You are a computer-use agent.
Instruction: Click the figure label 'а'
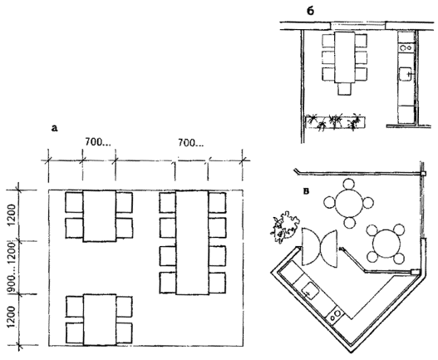(x=54, y=128)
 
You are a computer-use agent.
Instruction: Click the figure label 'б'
(x=310, y=11)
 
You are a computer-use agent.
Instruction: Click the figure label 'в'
(x=307, y=191)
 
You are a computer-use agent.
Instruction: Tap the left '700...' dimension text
(x=98, y=142)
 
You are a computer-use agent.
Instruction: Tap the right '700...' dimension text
(x=191, y=143)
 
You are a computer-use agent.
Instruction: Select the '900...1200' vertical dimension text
(x=11, y=267)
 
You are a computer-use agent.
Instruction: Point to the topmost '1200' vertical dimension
(x=12, y=215)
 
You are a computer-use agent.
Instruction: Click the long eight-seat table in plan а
(x=192, y=242)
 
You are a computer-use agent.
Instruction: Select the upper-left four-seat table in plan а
(x=100, y=216)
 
